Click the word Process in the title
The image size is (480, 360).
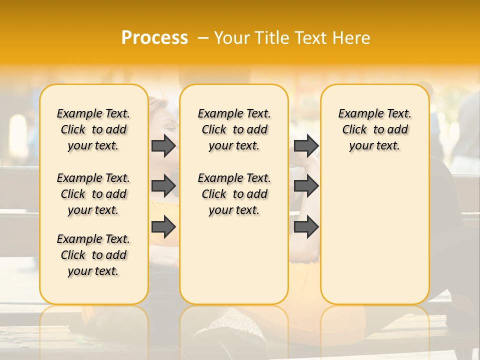click(154, 37)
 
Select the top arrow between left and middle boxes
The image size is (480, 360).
click(163, 146)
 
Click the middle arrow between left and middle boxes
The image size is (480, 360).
click(163, 186)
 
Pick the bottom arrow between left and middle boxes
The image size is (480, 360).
click(163, 227)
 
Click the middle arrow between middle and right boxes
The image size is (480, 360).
click(306, 186)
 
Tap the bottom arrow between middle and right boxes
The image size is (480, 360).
click(306, 227)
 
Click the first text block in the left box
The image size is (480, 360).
click(93, 129)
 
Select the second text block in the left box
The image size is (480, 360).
click(93, 194)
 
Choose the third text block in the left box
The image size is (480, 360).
click(93, 255)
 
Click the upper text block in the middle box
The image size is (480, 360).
click(234, 129)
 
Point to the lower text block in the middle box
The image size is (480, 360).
click(234, 194)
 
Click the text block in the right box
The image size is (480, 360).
click(375, 129)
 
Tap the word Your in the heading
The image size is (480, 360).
click(232, 38)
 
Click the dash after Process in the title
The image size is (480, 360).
click(203, 38)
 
